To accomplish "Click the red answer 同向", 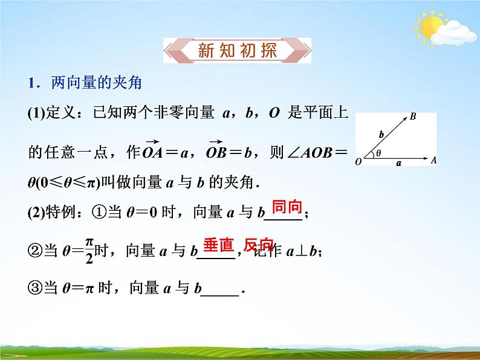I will click(x=287, y=207).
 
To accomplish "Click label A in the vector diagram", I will click(x=434, y=161).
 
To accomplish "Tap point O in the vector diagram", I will click(x=359, y=162).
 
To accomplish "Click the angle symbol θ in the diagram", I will click(x=378, y=153).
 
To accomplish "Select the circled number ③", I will click(x=36, y=289).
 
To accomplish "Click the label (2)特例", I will click(x=53, y=213).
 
